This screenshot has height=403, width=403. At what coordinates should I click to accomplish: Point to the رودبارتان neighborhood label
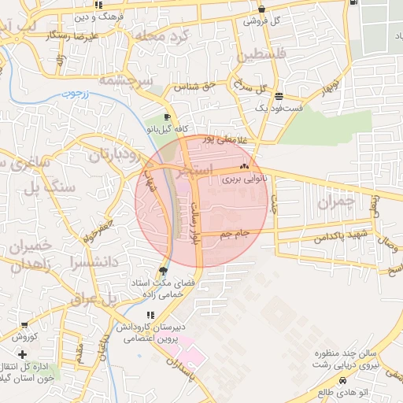pos(113,154)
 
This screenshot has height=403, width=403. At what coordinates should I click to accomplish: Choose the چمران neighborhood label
pos(337,202)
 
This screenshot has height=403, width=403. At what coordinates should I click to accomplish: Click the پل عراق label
pos(93,300)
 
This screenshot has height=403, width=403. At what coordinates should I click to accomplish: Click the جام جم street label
pos(235,234)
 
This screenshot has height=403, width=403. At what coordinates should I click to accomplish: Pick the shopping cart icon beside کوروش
pos(24,325)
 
